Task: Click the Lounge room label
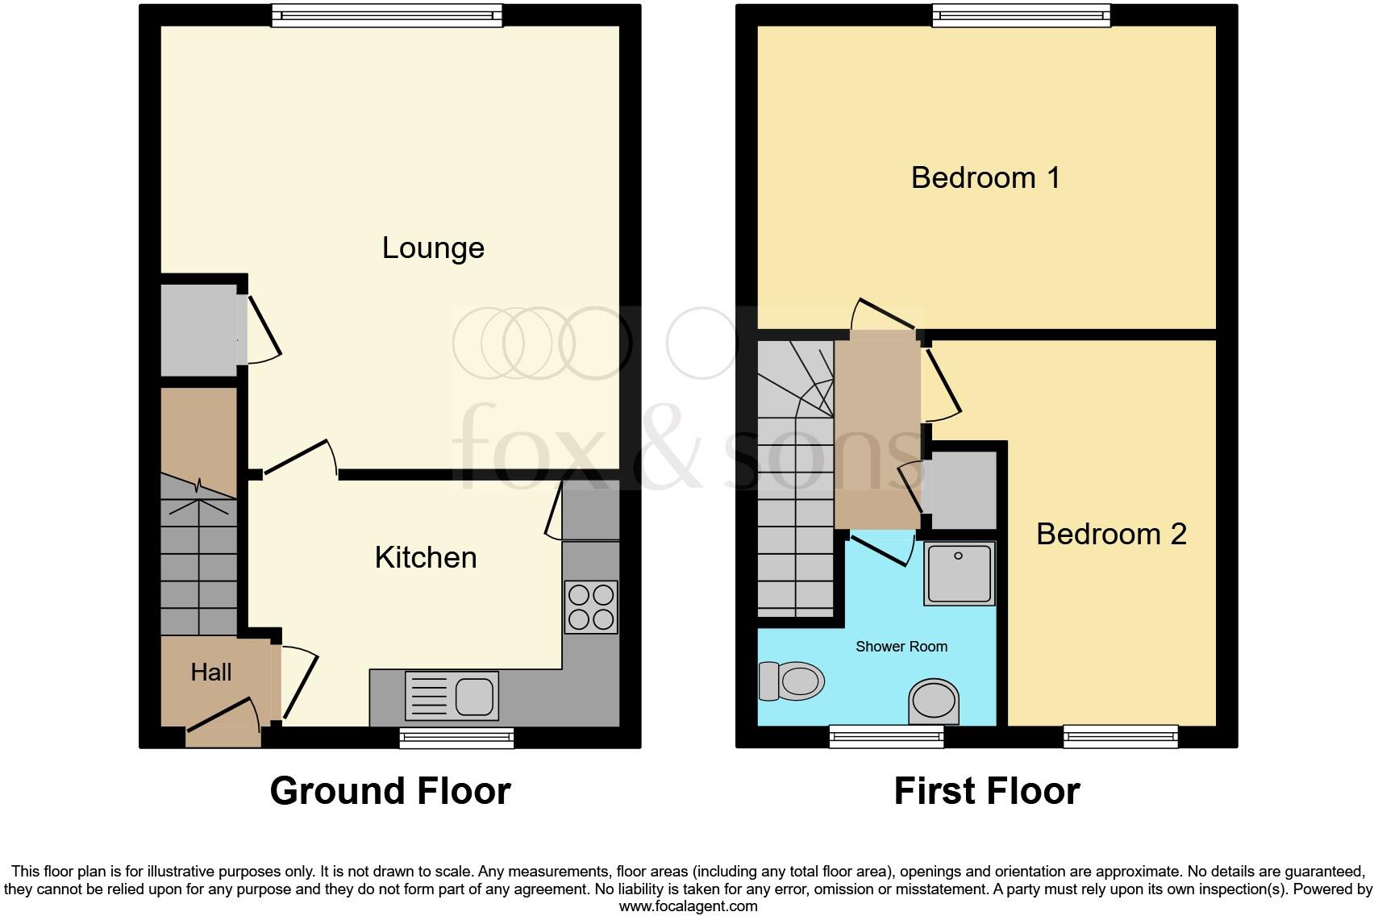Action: (433, 248)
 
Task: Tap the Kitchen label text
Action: (426, 557)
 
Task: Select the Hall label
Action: (211, 672)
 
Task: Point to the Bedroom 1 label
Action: (985, 177)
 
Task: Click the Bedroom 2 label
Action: (1111, 534)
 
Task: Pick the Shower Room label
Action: (901, 647)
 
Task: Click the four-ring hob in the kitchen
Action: (591, 606)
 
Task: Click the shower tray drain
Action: (959, 556)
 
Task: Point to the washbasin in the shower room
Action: (935, 700)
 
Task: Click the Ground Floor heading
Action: (390, 791)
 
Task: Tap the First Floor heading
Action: (987, 791)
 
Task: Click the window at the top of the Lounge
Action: (387, 15)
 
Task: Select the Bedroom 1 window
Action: (1021, 15)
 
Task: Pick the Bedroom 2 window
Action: (1120, 735)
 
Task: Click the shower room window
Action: (886, 735)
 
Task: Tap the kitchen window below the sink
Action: (456, 737)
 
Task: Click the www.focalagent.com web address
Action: (688, 906)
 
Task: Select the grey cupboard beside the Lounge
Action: (198, 329)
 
